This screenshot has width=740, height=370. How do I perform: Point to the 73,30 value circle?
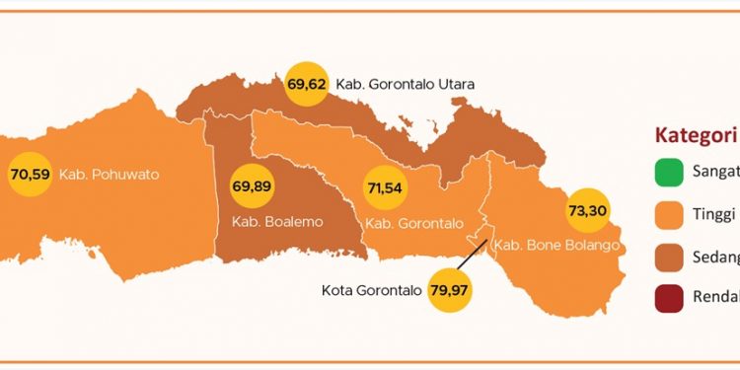587,210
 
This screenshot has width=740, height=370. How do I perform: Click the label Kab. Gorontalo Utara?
406,85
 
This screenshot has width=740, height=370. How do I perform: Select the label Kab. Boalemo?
278,222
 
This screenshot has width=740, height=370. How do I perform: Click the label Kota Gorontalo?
372,291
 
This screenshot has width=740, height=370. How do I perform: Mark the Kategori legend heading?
697,136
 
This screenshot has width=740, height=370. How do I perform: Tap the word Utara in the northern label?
457,85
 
